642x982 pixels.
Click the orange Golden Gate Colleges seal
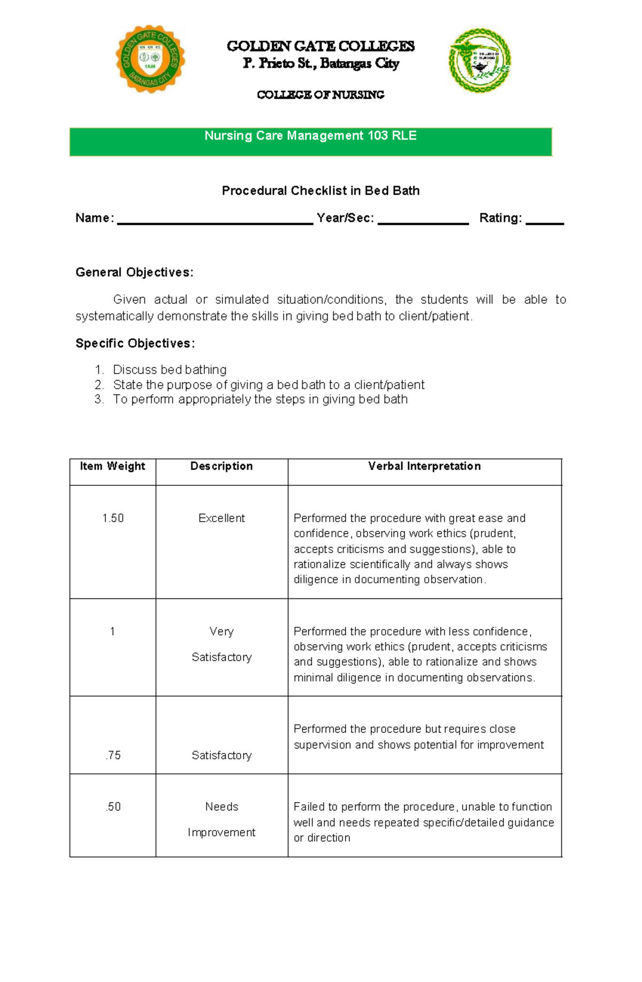pyautogui.click(x=150, y=59)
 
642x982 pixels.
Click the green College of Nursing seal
pyautogui.click(x=479, y=60)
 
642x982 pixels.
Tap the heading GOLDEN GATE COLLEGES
pyautogui.click(x=320, y=46)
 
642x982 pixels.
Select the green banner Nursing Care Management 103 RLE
pyautogui.click(x=310, y=141)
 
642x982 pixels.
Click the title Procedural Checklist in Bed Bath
pyautogui.click(x=320, y=191)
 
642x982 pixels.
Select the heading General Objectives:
pyautogui.click(x=134, y=272)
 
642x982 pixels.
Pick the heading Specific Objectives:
pyautogui.click(x=135, y=343)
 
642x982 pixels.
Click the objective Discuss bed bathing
pyautogui.click(x=170, y=370)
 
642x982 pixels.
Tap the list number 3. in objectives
pyautogui.click(x=98, y=399)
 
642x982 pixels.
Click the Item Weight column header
pyautogui.click(x=112, y=466)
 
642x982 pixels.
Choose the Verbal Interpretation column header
pyautogui.click(x=424, y=466)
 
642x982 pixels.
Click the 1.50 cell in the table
pyautogui.click(x=113, y=518)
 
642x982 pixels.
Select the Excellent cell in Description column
pyautogui.click(x=221, y=518)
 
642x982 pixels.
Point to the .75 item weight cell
pyautogui.click(x=113, y=755)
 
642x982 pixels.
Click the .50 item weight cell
pyautogui.click(x=113, y=806)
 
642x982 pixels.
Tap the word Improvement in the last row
pyautogui.click(x=221, y=832)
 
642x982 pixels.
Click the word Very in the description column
pyautogui.click(x=221, y=631)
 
